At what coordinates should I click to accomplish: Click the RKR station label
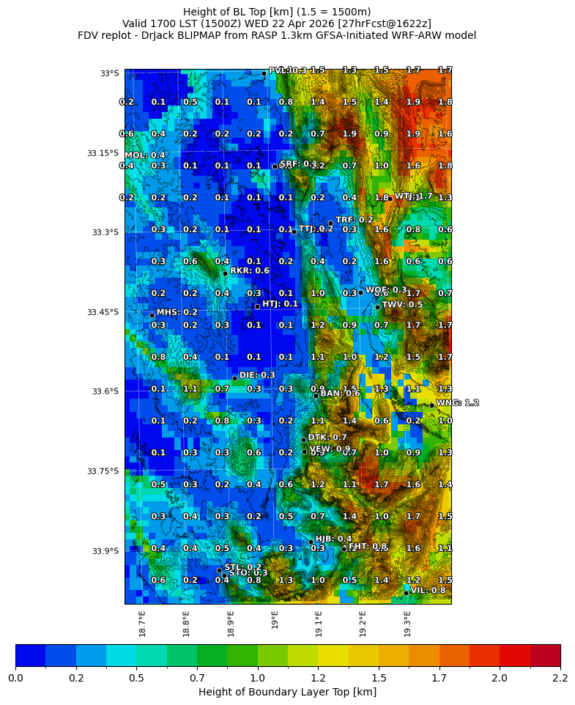250,270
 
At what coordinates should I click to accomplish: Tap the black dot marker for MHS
152,315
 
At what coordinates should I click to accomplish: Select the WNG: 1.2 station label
457,403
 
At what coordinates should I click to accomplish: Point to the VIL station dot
406,593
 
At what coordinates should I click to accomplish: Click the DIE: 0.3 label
257,375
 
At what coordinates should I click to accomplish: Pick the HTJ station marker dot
257,306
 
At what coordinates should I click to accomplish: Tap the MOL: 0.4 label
145,155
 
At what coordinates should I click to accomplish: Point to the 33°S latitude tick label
109,73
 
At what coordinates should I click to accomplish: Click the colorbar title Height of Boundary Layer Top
287,692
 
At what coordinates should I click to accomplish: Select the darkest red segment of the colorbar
545,655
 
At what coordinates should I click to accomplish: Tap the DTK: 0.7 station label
327,438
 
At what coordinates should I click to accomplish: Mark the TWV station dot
377,307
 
